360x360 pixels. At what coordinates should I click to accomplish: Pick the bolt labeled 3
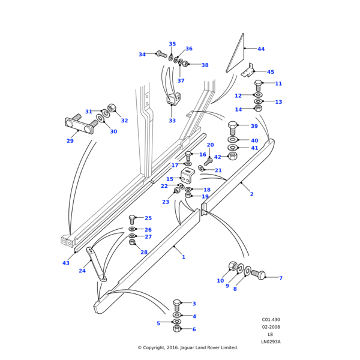(x=177, y=304)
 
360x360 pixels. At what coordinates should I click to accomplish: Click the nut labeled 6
(x=177, y=328)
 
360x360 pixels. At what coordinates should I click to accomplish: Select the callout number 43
(x=66, y=263)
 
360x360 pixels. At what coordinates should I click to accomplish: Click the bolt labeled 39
(x=233, y=127)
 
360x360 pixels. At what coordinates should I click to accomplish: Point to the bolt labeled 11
(x=259, y=85)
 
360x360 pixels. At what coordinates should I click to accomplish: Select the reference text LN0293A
(x=271, y=341)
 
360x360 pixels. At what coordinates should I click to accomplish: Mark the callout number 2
(x=251, y=194)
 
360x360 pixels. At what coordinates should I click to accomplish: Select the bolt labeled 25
(x=133, y=219)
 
